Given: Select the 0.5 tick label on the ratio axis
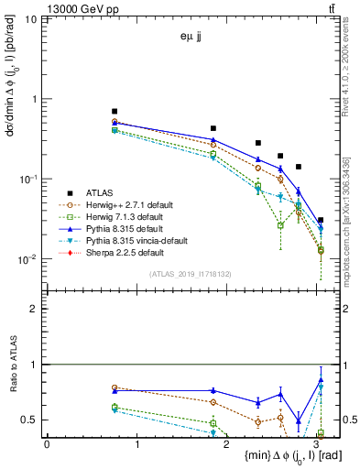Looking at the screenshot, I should (x=30, y=420).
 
